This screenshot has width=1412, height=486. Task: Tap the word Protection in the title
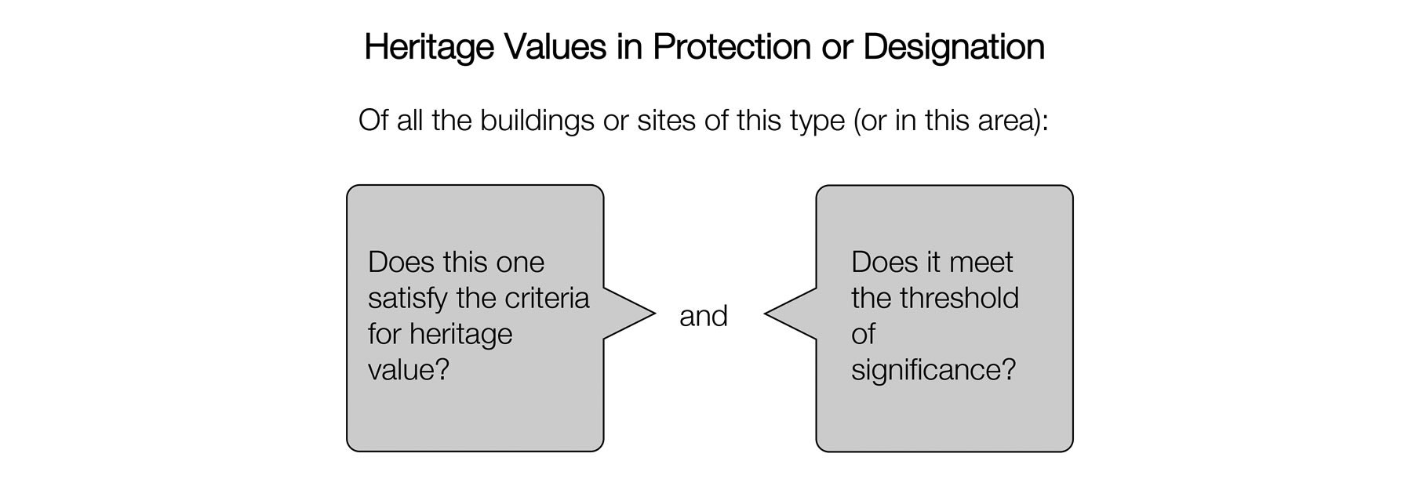pyautogui.click(x=732, y=47)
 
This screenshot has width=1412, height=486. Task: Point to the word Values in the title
pyautogui.click(x=555, y=47)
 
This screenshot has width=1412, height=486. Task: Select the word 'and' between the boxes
pyautogui.click(x=704, y=316)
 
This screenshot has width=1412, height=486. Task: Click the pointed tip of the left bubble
pyautogui.click(x=653, y=314)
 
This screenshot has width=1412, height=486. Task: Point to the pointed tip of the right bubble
pyautogui.click(x=766, y=314)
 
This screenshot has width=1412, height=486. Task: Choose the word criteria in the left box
pyautogui.click(x=549, y=298)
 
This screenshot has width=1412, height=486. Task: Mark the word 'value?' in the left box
pyautogui.click(x=409, y=369)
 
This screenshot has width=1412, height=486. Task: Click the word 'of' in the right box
pyautogui.click(x=863, y=334)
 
